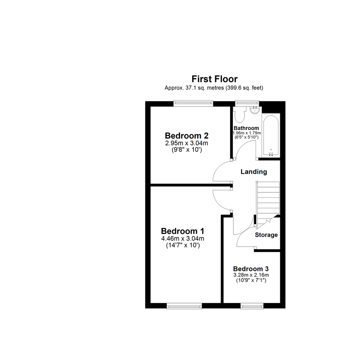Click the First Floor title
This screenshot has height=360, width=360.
[x=214, y=79]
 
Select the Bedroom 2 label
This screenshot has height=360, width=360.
[x=187, y=136]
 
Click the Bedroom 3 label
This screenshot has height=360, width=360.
[x=251, y=269]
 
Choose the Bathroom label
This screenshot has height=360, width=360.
[x=246, y=128]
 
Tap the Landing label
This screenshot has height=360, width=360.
[x=254, y=172]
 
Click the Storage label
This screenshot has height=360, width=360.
[x=266, y=235]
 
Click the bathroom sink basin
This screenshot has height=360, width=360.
[x=255, y=110]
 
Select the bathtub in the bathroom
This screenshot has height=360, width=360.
[x=271, y=135]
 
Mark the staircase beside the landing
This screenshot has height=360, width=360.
[x=267, y=200]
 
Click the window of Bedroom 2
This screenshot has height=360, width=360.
[x=193, y=104]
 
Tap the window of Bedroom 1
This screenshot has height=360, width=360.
[x=184, y=305]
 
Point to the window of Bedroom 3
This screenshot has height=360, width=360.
[x=252, y=305]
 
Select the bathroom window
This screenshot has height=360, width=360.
[x=247, y=103]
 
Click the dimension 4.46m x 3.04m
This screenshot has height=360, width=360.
[x=182, y=238]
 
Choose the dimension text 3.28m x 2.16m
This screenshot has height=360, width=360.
[x=251, y=275]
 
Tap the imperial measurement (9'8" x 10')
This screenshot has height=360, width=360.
[x=187, y=150]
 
